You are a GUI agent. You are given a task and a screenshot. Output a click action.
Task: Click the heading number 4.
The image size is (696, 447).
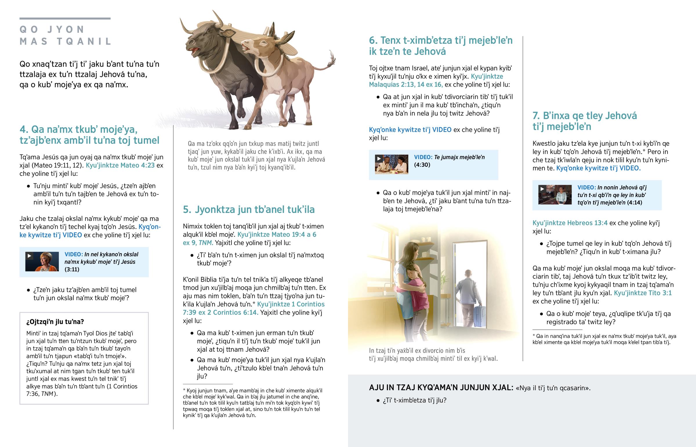click(24, 129)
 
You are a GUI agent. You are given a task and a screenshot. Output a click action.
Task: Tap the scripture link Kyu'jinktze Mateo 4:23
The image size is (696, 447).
click(120, 165)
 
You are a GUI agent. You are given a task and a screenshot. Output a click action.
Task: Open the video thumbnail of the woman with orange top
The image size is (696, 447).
click(42, 262)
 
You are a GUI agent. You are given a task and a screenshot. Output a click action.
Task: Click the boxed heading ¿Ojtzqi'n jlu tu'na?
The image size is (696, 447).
click(55, 322)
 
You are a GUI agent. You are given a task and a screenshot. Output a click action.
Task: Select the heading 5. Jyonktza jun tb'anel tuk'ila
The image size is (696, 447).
click(249, 209)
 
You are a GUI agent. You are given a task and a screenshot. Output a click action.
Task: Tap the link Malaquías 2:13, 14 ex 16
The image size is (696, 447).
click(405, 85)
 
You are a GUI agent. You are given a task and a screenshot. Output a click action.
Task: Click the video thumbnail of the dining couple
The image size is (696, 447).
click(391, 164)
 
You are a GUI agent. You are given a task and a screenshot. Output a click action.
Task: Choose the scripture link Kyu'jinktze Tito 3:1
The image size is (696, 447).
click(643, 293)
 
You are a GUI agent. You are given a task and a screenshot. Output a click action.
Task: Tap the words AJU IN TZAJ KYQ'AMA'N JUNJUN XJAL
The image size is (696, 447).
click(441, 388)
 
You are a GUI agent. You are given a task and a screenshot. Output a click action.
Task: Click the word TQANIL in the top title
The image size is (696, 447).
click(84, 41)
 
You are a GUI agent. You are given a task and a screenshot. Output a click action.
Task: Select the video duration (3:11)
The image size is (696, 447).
click(72, 269)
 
